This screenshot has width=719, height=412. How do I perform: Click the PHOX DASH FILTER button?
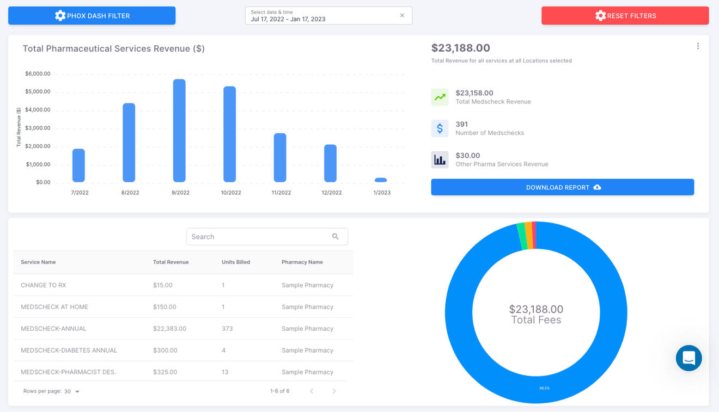92,16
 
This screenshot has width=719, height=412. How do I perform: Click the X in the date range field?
402,16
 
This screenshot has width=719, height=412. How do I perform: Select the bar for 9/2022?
179,131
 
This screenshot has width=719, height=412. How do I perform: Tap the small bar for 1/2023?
381,180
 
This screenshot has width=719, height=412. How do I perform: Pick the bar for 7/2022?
78,165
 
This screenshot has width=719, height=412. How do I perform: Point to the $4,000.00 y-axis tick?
38,110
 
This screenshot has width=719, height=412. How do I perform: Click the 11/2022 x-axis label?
281,193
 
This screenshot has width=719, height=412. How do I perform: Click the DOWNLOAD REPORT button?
562,187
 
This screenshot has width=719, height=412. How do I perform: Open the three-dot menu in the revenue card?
698,46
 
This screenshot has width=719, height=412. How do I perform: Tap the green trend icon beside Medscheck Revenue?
440,97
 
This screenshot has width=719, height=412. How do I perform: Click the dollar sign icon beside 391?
440,128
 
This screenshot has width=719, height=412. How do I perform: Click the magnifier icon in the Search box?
336,237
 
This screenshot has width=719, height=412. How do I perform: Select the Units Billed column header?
235,262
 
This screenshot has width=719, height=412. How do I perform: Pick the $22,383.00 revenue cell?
169,329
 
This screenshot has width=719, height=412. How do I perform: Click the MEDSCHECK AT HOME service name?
54,307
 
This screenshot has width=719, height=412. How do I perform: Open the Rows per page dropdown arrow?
77,392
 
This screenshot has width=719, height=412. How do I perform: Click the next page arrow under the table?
334,391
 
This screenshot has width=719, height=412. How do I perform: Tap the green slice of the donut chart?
522,236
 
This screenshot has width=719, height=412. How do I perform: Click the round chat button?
688,358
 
